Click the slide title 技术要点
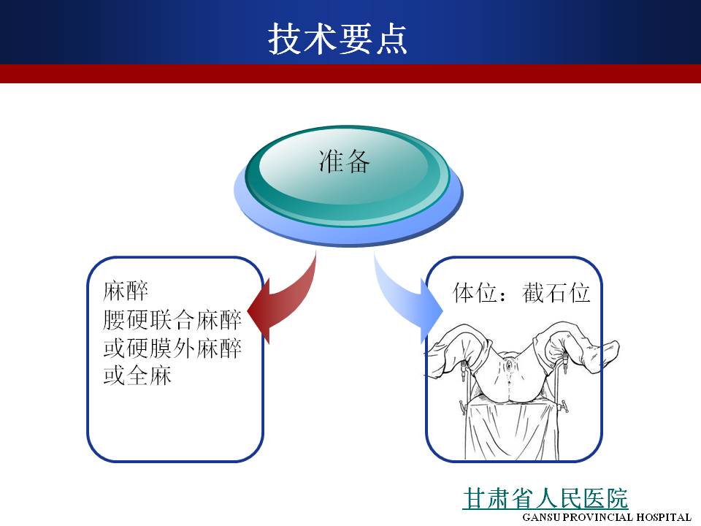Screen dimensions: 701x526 coord(337,39)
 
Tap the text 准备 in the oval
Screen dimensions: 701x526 coord(344,161)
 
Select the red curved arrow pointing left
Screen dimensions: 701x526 coord(283,300)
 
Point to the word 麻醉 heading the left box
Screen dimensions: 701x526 coord(125,291)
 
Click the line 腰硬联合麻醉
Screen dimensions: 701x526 coord(172,319)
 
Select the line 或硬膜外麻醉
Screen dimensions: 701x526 coord(172,348)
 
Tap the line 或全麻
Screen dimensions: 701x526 coord(137,376)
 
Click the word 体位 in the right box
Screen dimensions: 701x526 coord(475,293)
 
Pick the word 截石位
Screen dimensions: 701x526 coord(556,293)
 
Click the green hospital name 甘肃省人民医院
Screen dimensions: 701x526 coord(545,498)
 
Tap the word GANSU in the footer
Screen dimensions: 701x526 coord(541,517)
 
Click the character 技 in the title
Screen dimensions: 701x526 coord(285,39)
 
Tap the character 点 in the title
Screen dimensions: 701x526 coord(391,39)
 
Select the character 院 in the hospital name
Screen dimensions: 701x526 coord(616,498)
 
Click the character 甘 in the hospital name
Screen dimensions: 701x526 coord(475,498)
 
